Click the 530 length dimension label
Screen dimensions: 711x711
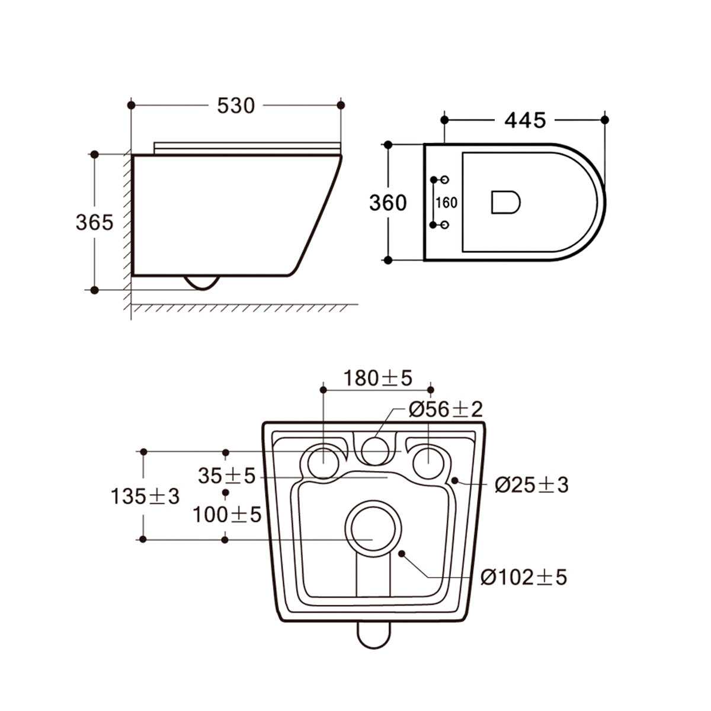coord(236,105)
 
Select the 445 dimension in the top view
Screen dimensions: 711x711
coord(524,120)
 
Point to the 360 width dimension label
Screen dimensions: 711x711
coord(388,203)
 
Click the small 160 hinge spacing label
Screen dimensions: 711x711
coord(446,203)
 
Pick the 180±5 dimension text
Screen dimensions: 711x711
coord(377,377)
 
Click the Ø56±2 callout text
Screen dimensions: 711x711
coord(446,409)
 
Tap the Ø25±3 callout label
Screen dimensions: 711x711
coord(531,485)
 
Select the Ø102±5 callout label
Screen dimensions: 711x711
coord(524,577)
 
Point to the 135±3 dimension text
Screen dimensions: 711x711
coord(145,497)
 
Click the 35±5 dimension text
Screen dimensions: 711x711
coord(226,475)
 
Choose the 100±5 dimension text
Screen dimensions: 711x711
coord(226,514)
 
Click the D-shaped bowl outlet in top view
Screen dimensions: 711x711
coord(505,202)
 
